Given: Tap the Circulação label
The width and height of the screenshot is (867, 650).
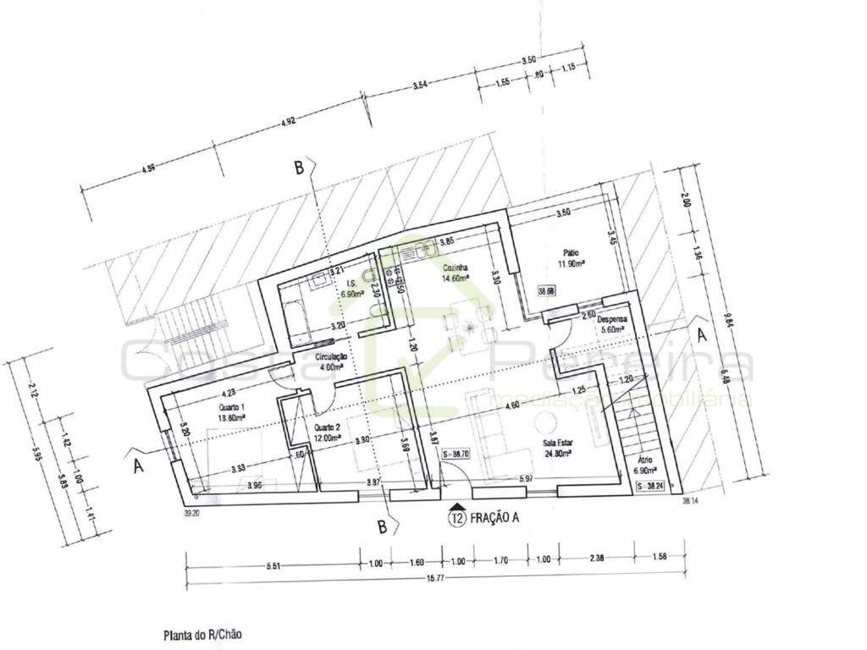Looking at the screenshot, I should click(x=329, y=357).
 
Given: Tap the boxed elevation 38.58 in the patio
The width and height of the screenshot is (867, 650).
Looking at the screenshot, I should click(x=548, y=291).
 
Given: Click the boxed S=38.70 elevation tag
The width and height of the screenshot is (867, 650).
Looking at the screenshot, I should click(x=456, y=454).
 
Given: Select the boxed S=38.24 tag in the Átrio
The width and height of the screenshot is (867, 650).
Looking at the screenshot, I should click(x=654, y=487).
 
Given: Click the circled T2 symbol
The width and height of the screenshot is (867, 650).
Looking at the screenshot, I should click(x=458, y=521).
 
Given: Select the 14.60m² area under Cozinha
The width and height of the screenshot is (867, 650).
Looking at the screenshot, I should click(x=456, y=276).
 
